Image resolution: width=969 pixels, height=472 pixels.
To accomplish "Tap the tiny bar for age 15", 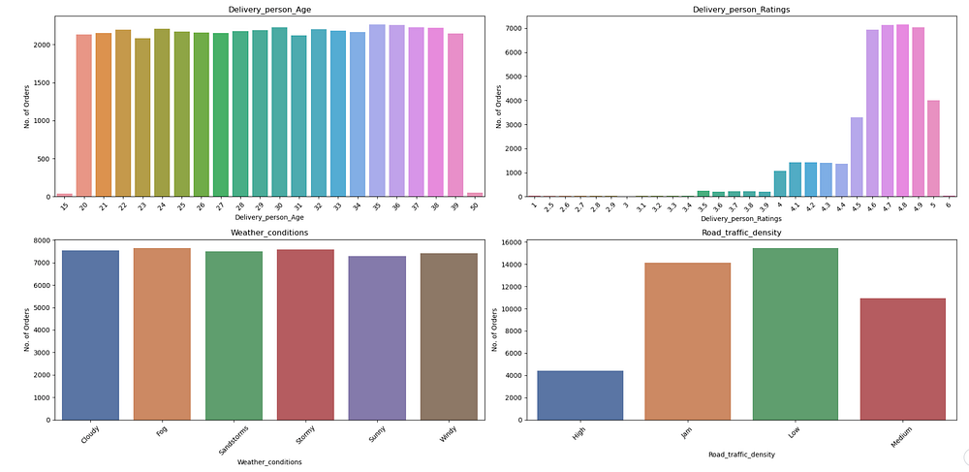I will coord(64,195).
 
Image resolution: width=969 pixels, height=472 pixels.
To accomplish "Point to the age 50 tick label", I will coord(475,205).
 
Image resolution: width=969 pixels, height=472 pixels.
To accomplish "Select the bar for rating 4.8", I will coord(903,111).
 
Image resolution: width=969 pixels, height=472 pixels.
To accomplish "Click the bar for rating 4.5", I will coord(857,157).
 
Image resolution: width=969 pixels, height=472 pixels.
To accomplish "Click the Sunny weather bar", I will coord(377,338).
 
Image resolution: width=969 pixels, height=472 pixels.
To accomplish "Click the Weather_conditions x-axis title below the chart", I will coord(269,462).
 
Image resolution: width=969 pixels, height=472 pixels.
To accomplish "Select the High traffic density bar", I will coord(580,395).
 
